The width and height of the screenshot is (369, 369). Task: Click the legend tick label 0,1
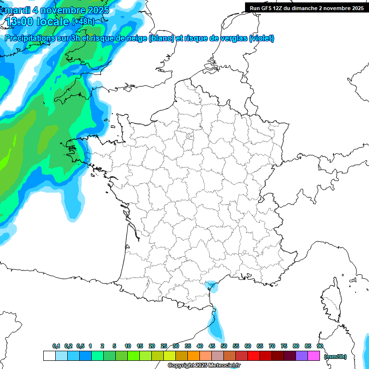[56, 346]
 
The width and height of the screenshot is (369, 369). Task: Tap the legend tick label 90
[320, 346]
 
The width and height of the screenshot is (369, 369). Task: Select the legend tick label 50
[224, 346]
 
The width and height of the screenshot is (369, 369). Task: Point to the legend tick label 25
[164, 346]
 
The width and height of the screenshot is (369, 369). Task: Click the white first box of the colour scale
[49, 356]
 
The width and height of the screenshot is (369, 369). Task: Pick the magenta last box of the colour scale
[314, 356]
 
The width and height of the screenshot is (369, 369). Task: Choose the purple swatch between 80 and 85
[302, 356]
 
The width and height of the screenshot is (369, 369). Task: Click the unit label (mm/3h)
[335, 357]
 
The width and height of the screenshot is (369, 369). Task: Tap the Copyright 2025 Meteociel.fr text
[204, 366]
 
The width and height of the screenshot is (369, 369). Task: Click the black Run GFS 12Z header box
[307, 8]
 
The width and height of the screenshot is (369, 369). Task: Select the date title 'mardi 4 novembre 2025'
[57, 10]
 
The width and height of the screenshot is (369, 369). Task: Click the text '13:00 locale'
[37, 22]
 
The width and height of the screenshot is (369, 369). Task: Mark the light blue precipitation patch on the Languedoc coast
[210, 287]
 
